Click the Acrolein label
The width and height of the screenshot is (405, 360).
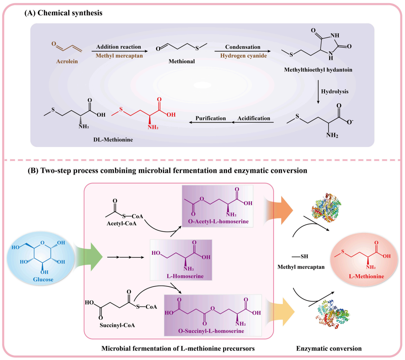tap(67, 61)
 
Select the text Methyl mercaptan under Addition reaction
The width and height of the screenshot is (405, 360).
tap(119, 56)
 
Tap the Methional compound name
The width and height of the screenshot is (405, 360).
tap(181, 61)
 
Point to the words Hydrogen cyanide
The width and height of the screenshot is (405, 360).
tap(244, 56)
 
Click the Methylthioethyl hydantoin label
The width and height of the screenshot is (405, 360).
tap(318, 70)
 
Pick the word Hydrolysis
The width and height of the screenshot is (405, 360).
tap(335, 92)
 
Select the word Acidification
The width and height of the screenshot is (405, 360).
tap(254, 118)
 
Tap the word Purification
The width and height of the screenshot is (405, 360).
tap(211, 118)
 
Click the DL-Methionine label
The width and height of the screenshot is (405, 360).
tap(113, 140)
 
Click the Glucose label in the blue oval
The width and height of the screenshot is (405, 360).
tap(43, 279)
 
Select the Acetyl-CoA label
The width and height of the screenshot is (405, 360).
tap(121, 224)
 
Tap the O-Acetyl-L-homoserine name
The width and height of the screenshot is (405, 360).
tap(218, 222)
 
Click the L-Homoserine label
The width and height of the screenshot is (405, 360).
tap(185, 276)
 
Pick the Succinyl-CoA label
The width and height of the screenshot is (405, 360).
tap(117, 325)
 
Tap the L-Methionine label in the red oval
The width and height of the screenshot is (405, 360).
tap(366, 277)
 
